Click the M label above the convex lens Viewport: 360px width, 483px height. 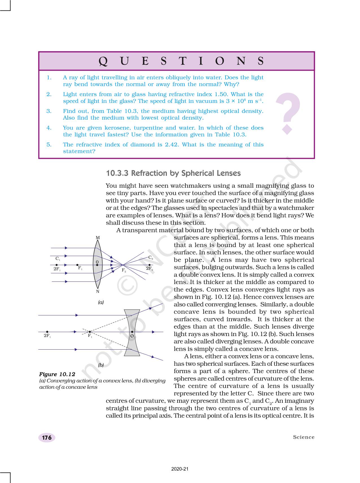coord(98,238)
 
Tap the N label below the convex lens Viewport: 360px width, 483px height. coord(98,291)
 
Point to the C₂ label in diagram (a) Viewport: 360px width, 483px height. coord(150,257)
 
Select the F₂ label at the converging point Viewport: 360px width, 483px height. coord(124,270)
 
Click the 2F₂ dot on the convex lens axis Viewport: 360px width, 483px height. coord(149,265)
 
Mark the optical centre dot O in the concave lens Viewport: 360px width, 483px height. coord(132,332)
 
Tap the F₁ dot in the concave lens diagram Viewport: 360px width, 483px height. coord(90,332)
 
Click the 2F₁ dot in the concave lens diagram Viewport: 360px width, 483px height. coord(47,332)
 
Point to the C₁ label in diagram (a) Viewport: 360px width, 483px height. coord(58,259)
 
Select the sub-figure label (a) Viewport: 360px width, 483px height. coord(101,302)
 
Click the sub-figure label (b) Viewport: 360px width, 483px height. coord(101,365)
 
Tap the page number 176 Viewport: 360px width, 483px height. coord(47,438)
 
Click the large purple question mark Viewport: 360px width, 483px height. coord(288,113)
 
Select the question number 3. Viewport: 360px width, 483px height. coord(49,111)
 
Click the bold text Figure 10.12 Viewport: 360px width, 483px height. coord(57,374)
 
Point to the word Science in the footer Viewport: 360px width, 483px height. coord(304,437)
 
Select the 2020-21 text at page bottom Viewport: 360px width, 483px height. coord(180,469)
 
